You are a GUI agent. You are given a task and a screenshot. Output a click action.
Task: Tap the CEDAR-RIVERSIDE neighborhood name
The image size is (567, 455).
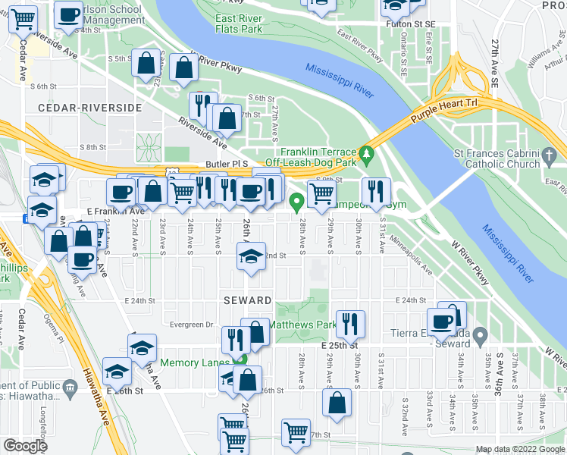pos(83,108)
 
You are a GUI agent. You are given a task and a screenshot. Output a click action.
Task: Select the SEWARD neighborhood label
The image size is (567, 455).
pos(247,300)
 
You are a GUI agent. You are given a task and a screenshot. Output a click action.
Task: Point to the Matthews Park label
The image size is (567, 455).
pos(307,326)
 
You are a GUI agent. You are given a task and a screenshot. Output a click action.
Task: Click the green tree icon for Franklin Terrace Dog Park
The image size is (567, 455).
pos(368,155)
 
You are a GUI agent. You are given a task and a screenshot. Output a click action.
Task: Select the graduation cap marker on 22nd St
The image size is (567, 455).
pos(251,256)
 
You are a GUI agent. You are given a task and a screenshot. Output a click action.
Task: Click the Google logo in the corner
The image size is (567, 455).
pos(25,446)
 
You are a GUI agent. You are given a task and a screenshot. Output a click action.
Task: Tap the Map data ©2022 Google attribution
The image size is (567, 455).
pos(520,449)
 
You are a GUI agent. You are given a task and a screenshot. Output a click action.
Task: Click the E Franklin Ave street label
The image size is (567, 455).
pos(95,212)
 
